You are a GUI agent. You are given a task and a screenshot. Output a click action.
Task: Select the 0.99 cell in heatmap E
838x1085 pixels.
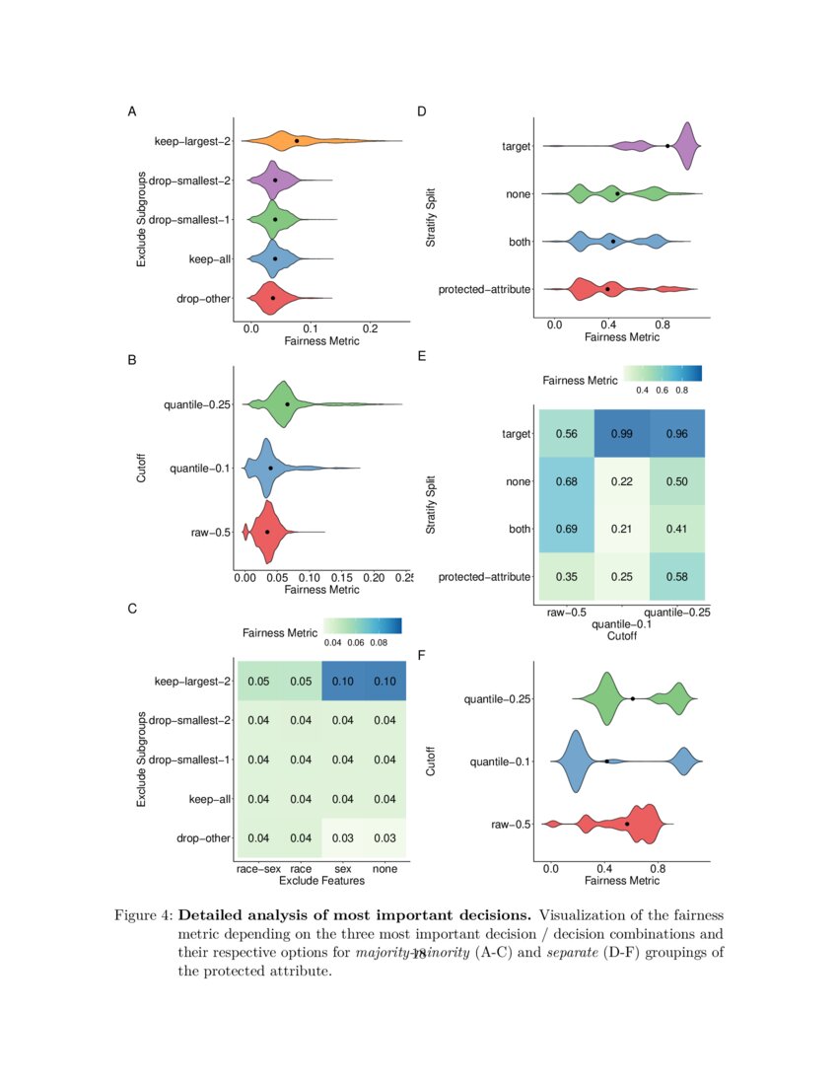click(x=620, y=434)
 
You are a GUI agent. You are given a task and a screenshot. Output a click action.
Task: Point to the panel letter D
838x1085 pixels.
click(x=422, y=111)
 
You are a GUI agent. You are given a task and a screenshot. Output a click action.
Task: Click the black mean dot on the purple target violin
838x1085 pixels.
click(x=667, y=146)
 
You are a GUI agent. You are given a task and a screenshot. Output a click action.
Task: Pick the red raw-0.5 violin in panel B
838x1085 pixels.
click(x=264, y=532)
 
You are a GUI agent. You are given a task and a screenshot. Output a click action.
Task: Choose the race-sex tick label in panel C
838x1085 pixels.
click(x=259, y=869)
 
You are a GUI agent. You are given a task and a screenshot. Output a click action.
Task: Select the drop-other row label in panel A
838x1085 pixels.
click(x=202, y=297)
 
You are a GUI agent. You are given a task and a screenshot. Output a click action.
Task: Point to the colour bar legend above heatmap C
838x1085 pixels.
click(x=363, y=625)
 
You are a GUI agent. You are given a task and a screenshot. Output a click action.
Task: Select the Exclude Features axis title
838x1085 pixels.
click(x=322, y=881)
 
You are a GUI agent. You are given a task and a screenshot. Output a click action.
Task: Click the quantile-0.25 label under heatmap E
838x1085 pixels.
click(x=676, y=613)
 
